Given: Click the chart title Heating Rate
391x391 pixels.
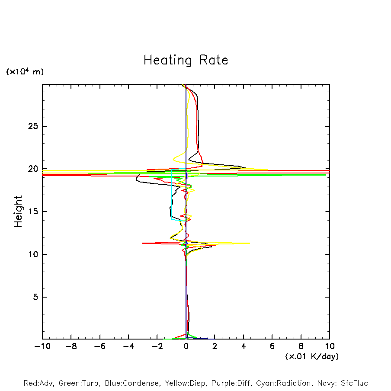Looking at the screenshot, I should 186,60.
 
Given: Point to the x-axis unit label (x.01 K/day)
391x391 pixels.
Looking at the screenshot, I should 311,356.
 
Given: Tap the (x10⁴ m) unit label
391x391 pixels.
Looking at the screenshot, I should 25,72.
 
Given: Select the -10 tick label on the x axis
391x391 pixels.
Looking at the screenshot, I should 42,346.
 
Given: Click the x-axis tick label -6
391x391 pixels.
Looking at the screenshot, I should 99,346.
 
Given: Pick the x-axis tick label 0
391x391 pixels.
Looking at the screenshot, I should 186,346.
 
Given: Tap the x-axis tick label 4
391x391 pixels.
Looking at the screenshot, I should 244,346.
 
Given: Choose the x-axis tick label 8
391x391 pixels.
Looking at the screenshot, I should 301,346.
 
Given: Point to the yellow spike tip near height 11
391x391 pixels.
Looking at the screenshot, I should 249,243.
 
